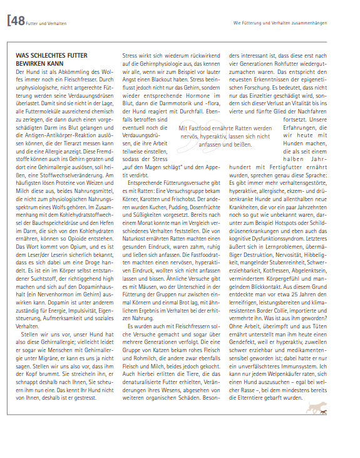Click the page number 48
tap(18, 21)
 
